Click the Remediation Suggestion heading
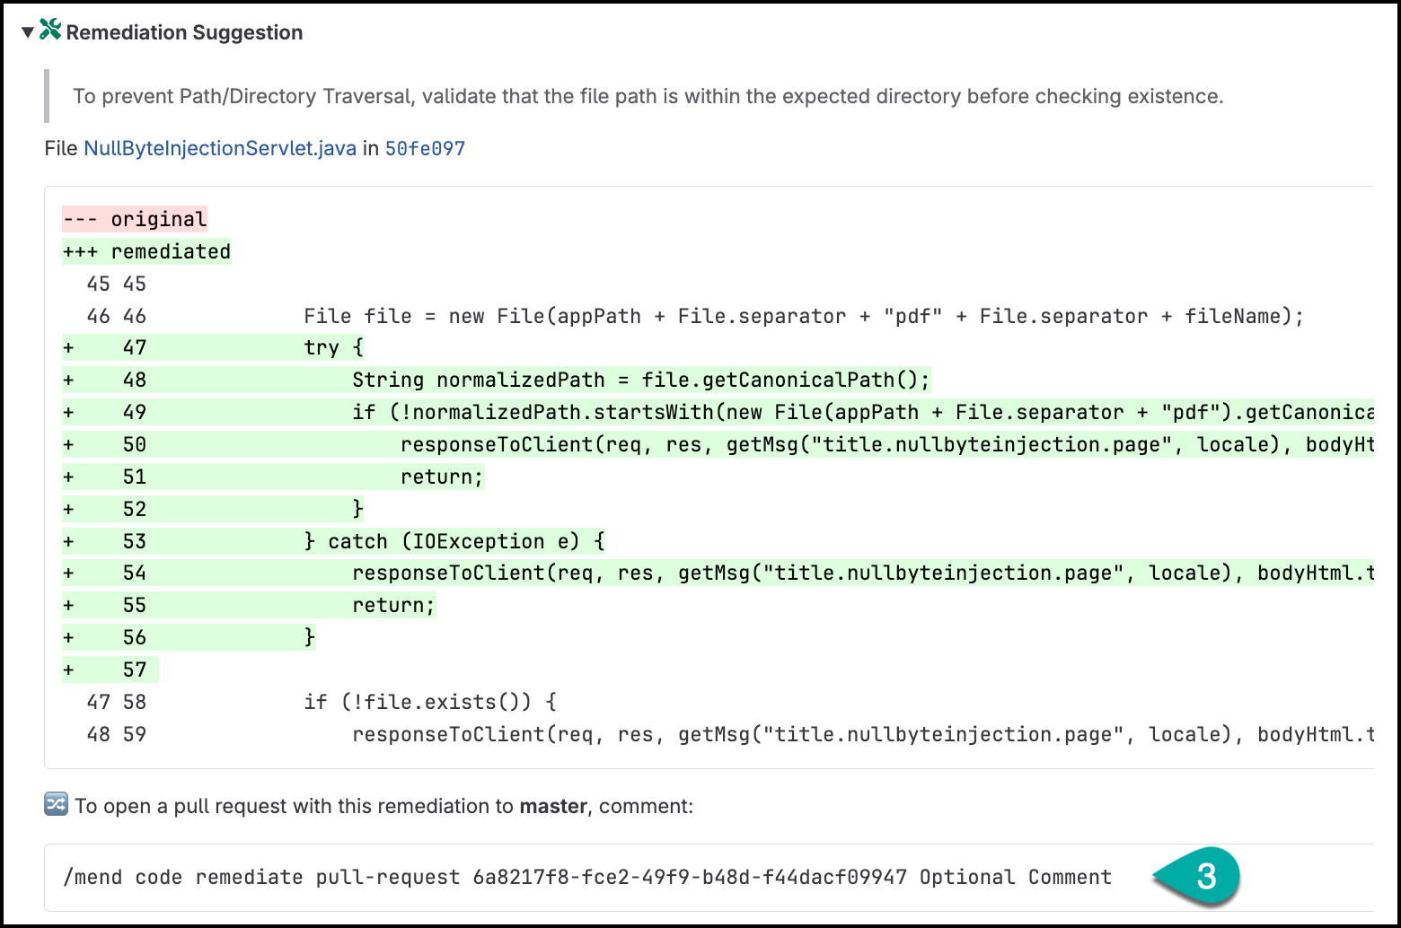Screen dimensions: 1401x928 point(184,32)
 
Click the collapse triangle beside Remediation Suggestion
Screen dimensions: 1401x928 point(28,32)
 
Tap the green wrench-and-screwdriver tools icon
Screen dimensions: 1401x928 point(50,30)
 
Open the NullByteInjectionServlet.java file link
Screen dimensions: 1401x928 point(220,149)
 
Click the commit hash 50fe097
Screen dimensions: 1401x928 point(426,149)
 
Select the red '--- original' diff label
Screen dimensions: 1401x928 point(135,219)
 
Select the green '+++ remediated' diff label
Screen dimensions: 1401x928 point(147,252)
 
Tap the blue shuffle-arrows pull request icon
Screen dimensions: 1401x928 point(57,804)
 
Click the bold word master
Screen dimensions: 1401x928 point(553,806)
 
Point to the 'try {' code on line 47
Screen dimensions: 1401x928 point(334,347)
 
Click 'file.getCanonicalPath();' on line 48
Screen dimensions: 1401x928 point(786,380)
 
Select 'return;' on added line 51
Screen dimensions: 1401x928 point(442,477)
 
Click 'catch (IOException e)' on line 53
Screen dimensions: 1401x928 point(466,541)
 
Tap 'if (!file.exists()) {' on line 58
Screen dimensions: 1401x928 point(430,702)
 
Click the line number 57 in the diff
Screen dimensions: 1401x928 point(135,670)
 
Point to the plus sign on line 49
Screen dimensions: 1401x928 point(69,413)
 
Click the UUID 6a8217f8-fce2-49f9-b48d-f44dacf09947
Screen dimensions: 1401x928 point(690,878)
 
